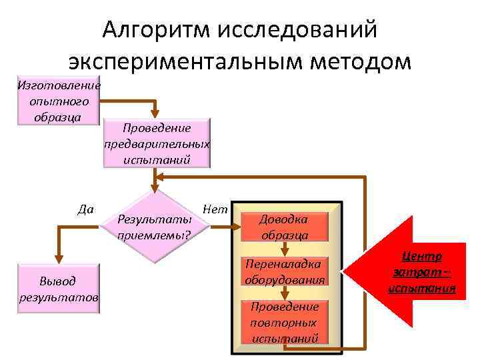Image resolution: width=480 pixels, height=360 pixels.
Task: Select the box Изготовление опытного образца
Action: click(x=59, y=101)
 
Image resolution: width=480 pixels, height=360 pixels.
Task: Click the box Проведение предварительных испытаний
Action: click(x=157, y=143)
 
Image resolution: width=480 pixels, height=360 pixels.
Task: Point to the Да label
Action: click(x=85, y=209)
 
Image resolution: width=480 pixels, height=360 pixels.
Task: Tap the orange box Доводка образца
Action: click(x=285, y=227)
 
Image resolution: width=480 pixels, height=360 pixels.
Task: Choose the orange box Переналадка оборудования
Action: click(x=285, y=272)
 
